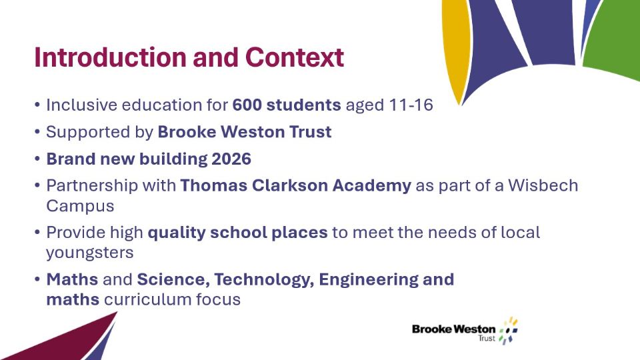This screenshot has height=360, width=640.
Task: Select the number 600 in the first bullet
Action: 247,105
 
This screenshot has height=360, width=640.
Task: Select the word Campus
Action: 80,206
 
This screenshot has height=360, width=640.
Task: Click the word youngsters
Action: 90,253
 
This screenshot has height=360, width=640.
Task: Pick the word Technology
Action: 264,279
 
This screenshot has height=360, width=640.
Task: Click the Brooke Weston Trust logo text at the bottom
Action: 454,332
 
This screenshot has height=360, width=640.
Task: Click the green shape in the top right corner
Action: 612,37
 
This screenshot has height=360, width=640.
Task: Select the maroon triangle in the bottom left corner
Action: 57,339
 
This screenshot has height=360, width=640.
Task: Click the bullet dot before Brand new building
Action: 37,159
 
